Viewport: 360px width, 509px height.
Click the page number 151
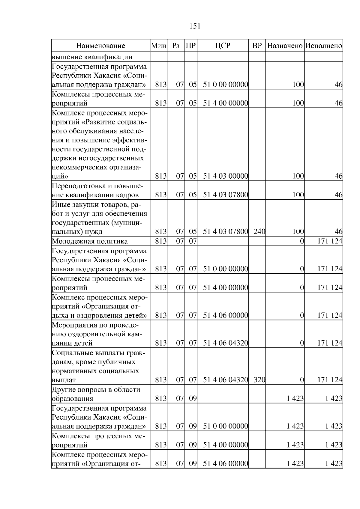click(x=195, y=26)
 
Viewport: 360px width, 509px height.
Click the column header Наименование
click(x=100, y=46)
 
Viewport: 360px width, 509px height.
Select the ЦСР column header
click(x=223, y=46)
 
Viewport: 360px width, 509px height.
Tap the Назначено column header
click(x=285, y=46)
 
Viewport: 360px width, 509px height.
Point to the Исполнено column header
click(x=323, y=46)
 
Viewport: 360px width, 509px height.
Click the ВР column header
click(x=257, y=46)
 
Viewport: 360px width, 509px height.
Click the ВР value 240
click(x=259, y=231)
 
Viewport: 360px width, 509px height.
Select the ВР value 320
click(x=259, y=380)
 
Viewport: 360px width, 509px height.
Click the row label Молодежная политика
click(x=90, y=241)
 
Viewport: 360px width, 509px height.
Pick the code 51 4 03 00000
click(x=226, y=176)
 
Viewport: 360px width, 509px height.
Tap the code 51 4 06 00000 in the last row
click(x=226, y=463)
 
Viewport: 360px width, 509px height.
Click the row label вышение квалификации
click(x=92, y=57)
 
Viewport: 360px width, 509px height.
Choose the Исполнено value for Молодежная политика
click(x=330, y=241)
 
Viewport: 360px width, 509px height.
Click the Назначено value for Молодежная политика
click(x=302, y=241)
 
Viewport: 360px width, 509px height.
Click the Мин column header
click(x=159, y=46)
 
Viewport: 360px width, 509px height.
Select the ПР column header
click(x=191, y=46)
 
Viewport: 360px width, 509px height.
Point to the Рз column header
click(x=176, y=46)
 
